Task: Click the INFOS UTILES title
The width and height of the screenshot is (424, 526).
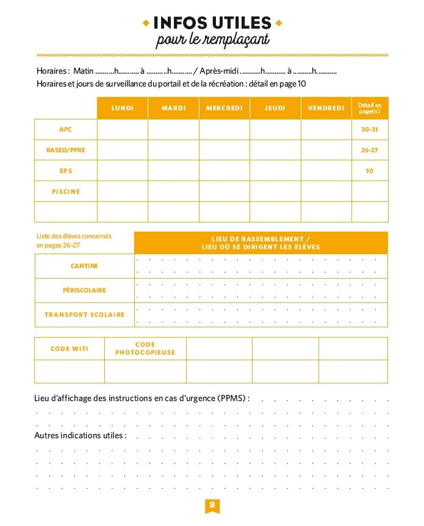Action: pos(212,23)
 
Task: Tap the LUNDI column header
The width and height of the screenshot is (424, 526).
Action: pos(123,108)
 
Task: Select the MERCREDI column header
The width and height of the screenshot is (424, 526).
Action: pos(224,108)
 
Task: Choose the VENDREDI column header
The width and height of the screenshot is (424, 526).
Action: pos(326,108)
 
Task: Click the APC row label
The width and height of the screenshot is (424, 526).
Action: pos(65,129)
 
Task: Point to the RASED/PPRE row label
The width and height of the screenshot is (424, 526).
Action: pos(65,150)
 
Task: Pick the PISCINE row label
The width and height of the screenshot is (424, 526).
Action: pos(65,191)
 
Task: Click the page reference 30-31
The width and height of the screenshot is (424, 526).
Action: pos(370,129)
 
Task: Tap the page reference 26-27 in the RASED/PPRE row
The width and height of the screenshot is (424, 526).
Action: pos(370,150)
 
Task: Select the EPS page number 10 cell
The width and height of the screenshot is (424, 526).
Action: pos(370,171)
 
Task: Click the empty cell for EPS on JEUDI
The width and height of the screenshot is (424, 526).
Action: pos(275,171)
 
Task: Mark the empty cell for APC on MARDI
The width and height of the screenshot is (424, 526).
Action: pos(173,129)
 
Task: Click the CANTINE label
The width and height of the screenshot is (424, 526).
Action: pos(84,266)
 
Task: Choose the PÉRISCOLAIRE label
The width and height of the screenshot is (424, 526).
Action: pos(84,290)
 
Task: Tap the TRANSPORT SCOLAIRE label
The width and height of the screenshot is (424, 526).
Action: pos(84,315)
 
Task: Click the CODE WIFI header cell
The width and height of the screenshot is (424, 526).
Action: pos(69,349)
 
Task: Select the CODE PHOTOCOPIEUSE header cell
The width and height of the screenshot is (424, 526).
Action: pos(145,349)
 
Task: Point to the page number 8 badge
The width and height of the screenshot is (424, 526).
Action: pos(212,505)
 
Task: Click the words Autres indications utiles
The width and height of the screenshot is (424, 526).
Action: pos(80,436)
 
